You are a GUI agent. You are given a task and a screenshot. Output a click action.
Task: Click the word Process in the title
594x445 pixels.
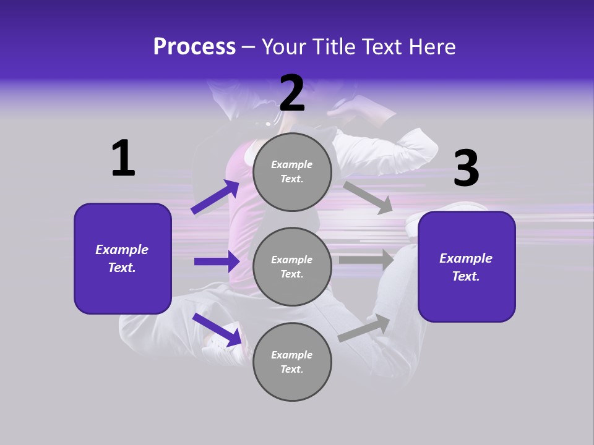tap(194, 47)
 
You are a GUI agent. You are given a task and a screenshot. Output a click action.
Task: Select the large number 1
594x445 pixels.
tap(123, 158)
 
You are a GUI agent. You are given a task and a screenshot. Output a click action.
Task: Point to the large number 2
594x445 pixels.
tap(292, 93)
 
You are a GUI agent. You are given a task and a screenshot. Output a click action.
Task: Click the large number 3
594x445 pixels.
tap(466, 169)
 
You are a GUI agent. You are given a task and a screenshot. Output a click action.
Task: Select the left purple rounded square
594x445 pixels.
tap(123, 258)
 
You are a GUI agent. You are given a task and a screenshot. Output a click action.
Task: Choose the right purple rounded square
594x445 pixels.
tap(467, 267)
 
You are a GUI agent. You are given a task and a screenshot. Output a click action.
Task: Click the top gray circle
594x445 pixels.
tap(292, 172)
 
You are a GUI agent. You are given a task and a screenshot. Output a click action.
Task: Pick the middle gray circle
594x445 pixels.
tap(292, 266)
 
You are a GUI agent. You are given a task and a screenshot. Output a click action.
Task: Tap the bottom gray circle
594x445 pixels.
tap(292, 362)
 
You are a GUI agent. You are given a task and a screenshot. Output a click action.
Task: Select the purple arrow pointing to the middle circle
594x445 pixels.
tap(217, 261)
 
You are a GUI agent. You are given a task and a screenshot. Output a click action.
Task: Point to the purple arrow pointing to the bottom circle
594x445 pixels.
tap(217, 329)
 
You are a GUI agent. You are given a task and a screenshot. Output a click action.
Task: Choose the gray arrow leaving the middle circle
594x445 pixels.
tap(366, 260)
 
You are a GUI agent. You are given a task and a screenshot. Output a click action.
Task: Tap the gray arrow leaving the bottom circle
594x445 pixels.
tap(364, 328)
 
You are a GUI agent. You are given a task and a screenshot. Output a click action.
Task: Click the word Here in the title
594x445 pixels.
tap(433, 47)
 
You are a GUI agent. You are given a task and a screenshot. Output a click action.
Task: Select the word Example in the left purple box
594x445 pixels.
tap(122, 250)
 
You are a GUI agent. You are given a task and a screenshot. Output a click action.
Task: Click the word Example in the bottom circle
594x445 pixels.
tap(291, 355)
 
